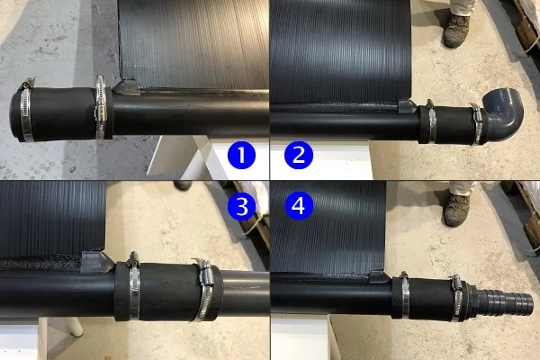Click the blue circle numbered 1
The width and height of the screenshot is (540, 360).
pyautogui.click(x=241, y=155)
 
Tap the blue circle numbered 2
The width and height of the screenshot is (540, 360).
pyautogui.click(x=299, y=155)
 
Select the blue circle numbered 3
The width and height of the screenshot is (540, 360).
pyautogui.click(x=241, y=206)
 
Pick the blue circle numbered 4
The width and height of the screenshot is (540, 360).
pyautogui.click(x=299, y=206)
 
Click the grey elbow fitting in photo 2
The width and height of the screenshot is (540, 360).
pyautogui.click(x=504, y=113)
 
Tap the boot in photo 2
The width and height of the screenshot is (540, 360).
pyautogui.click(x=456, y=31)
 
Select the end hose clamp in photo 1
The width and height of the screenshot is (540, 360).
pyautogui.click(x=26, y=110)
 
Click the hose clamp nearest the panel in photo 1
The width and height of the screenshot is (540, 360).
pyautogui.click(x=100, y=107)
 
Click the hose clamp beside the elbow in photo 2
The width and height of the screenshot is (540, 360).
pyautogui.click(x=477, y=124)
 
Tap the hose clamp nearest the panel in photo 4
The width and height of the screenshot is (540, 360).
pyautogui.click(x=405, y=294)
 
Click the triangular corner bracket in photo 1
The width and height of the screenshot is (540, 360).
pyautogui.click(x=126, y=86)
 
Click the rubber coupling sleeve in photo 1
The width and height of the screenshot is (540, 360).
pyautogui.click(x=62, y=113)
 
